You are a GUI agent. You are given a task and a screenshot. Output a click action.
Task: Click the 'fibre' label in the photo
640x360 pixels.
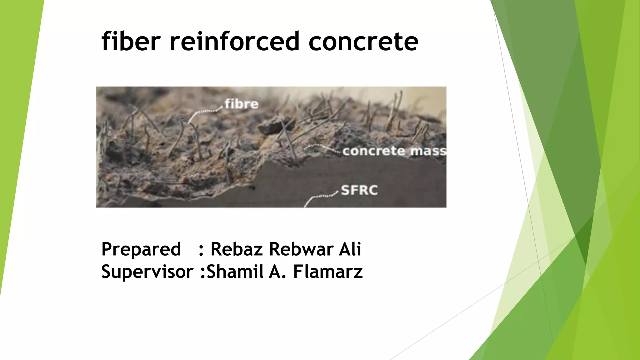pos(241,104)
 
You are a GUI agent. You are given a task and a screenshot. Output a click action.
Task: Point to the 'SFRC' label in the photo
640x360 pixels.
pos(359,190)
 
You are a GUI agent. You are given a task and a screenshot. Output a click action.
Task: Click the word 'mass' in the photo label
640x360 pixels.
pos(428,151)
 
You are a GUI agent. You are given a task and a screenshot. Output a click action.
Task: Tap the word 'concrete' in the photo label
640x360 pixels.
pos(374,151)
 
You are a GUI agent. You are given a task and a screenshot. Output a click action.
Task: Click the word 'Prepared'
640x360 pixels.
pos(141,249)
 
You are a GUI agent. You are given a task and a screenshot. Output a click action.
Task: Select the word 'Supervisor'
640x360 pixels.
pos(147,272)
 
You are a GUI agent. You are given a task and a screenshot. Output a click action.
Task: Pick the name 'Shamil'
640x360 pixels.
pos(235,271)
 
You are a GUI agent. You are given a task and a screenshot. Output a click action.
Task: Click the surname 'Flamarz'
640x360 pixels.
pos(328,271)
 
